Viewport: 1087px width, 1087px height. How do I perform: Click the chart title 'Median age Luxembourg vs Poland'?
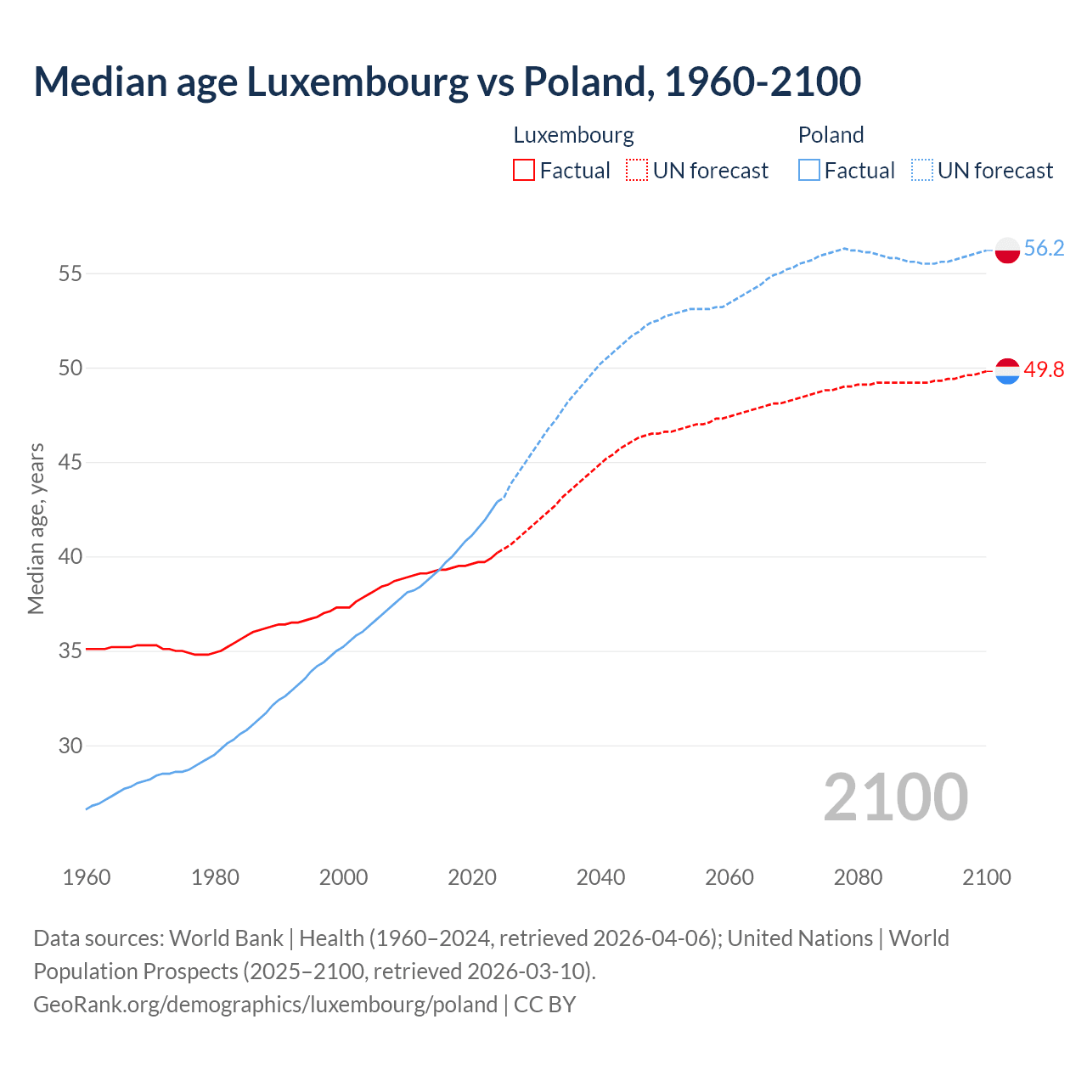click(447, 82)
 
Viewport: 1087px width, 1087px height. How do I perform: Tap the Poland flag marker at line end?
click(1006, 250)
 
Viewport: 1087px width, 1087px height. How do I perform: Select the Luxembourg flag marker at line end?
click(1006, 371)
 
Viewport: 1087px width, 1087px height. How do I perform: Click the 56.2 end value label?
click(1044, 248)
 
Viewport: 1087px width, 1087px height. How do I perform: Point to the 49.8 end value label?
click(1044, 369)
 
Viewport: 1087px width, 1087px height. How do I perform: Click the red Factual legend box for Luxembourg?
click(524, 171)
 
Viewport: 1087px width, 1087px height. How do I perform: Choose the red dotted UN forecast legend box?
click(637, 171)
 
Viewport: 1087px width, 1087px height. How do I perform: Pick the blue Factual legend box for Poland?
click(809, 171)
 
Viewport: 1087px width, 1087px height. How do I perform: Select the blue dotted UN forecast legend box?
click(922, 171)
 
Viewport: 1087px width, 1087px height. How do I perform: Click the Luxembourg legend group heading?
click(573, 135)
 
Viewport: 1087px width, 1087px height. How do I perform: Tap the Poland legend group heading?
click(831, 135)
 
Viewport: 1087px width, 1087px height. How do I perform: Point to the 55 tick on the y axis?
click(70, 273)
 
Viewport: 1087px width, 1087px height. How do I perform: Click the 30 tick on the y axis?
click(70, 746)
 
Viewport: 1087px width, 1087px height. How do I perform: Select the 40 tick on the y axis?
click(70, 557)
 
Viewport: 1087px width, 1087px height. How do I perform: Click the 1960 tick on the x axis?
click(87, 877)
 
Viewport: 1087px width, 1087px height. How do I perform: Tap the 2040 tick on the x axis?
click(600, 877)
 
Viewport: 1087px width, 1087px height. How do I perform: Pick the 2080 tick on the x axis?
click(858, 877)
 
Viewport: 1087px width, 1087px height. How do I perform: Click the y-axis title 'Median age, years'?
click(36, 528)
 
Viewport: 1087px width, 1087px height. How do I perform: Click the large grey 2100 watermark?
click(895, 797)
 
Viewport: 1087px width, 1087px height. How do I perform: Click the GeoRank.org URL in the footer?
click(265, 1005)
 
